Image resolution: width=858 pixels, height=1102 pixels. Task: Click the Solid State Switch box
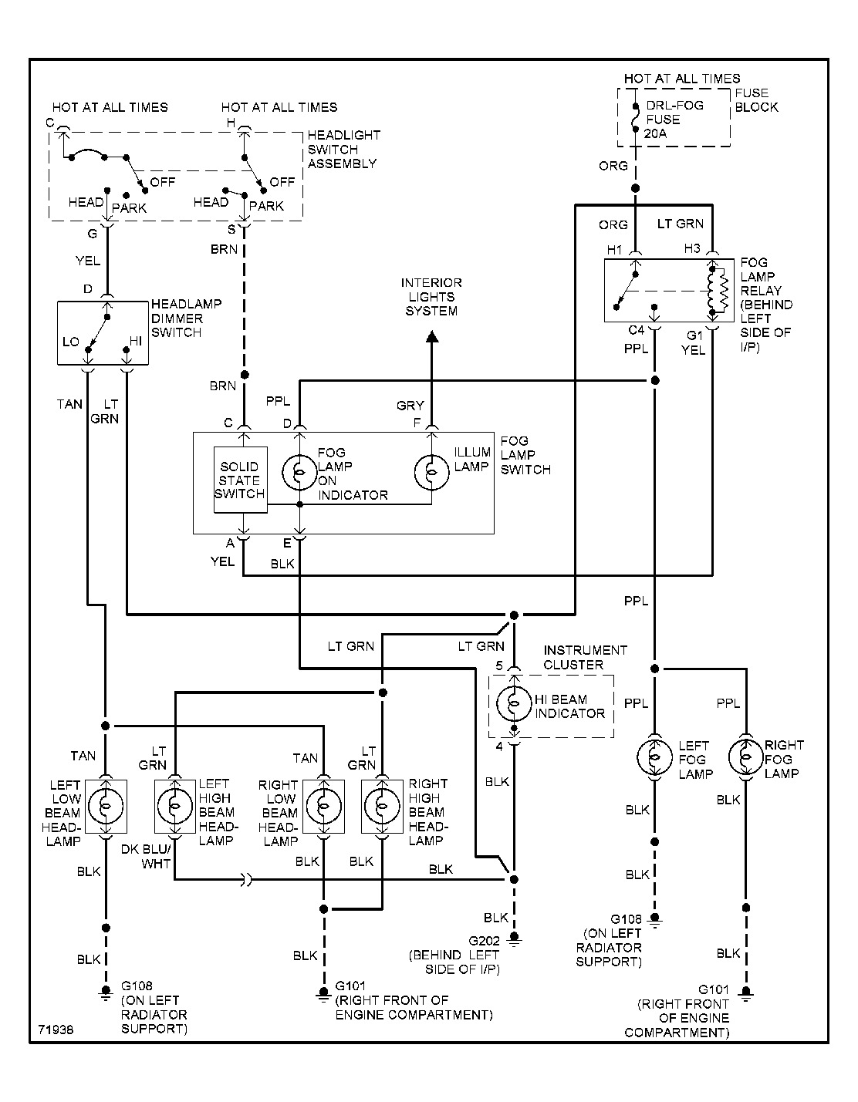click(240, 480)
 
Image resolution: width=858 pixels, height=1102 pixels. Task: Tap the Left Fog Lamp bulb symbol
click(654, 757)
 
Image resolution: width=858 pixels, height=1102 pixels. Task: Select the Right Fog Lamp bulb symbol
click(745, 757)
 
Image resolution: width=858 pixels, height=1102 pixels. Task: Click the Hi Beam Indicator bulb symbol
click(513, 703)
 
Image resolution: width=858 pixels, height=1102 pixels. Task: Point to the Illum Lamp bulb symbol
click(431, 471)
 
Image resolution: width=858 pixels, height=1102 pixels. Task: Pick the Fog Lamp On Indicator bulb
click(299, 471)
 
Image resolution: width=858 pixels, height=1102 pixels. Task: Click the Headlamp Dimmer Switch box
click(103, 333)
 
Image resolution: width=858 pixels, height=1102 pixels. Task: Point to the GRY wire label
click(410, 405)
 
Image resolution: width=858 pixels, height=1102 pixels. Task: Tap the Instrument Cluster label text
click(586, 657)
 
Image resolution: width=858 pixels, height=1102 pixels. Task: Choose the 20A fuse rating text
click(655, 132)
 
